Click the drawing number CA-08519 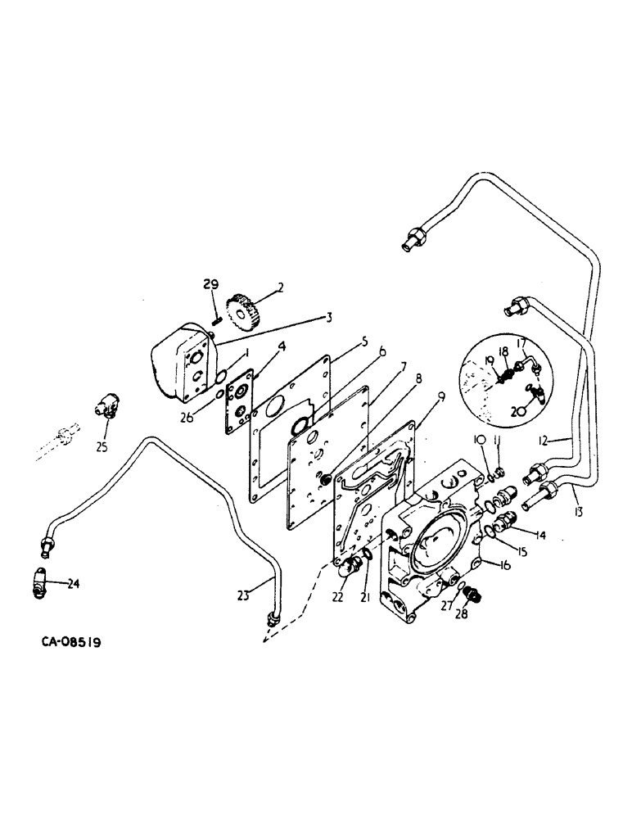point(71,643)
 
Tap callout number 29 point(211,284)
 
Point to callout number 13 point(579,512)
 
